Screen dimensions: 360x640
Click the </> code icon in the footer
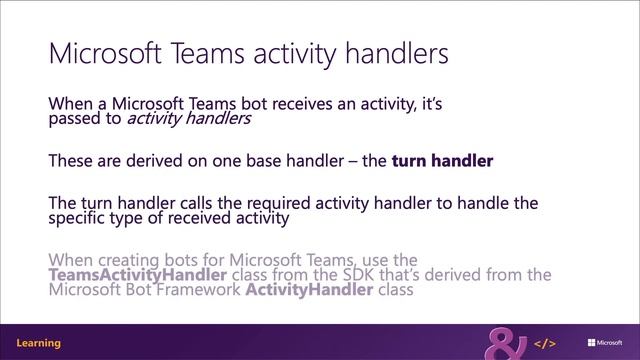(547, 342)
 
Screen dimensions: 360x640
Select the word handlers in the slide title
(393, 52)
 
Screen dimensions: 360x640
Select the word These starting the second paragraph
(71, 160)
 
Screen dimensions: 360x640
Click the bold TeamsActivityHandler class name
(138, 274)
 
